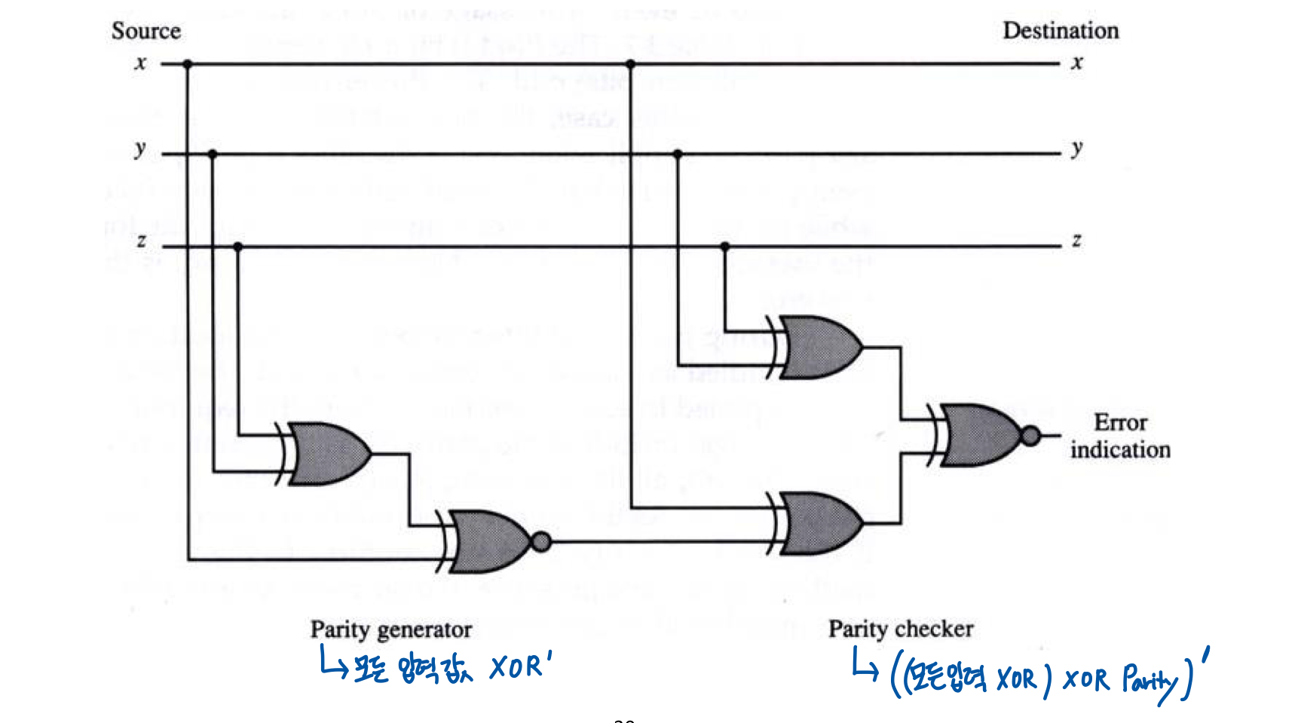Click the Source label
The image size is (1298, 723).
(x=145, y=31)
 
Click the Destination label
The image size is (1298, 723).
(x=1060, y=31)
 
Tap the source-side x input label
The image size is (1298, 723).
(x=141, y=63)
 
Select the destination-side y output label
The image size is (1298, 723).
(x=1077, y=149)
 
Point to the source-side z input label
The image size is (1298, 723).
(x=141, y=242)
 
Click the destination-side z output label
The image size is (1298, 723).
(x=1076, y=240)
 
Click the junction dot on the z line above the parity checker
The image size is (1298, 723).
(x=725, y=247)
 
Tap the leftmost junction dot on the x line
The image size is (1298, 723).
(x=188, y=64)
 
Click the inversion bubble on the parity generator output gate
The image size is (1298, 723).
(x=541, y=541)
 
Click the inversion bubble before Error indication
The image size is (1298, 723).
(x=1030, y=435)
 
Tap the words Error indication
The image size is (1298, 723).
(x=1120, y=436)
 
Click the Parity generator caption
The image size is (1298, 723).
(x=390, y=630)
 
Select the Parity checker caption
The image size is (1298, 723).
(x=901, y=629)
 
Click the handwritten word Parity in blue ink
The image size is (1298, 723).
(x=1149, y=679)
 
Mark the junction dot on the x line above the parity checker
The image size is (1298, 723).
(x=631, y=64)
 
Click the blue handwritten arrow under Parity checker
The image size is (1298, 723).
(x=864, y=666)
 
